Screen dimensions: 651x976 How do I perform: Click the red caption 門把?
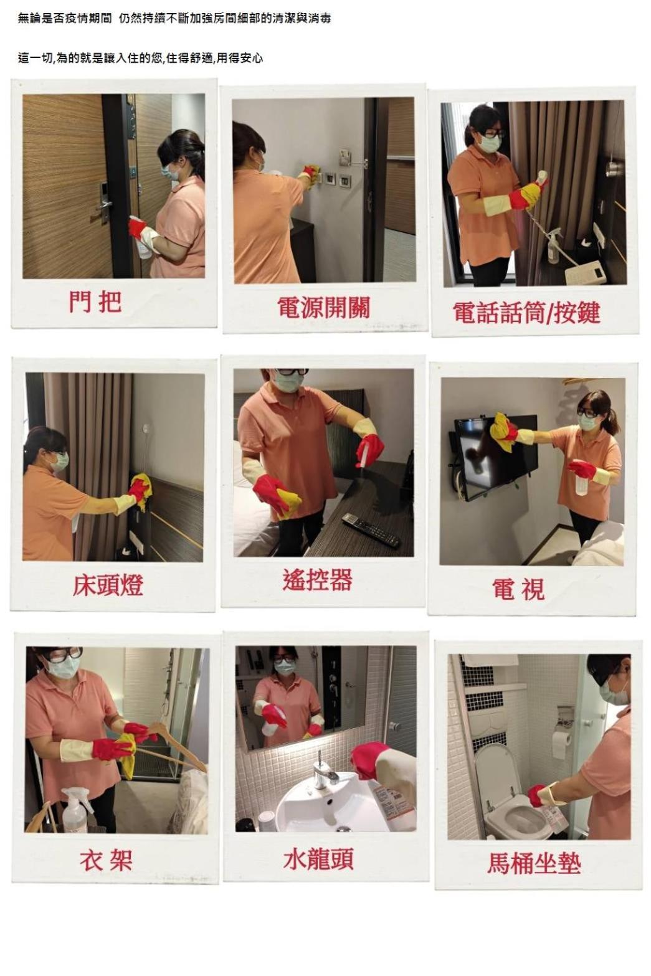pos(95,301)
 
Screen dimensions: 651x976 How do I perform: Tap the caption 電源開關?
pos(324,307)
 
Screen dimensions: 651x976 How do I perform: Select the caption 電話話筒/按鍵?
pos(526,312)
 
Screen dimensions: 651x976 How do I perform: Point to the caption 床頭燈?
pos(108,585)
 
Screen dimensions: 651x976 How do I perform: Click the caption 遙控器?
pos(317,579)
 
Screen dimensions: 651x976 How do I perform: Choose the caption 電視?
pos(518,589)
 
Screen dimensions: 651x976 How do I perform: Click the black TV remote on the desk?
pos(371,530)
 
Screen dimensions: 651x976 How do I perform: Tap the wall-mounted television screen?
pos(495,458)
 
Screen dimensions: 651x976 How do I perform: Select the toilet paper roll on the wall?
pos(562,745)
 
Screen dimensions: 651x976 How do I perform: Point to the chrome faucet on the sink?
pos(324,772)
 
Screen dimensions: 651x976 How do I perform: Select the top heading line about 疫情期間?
pos(174,19)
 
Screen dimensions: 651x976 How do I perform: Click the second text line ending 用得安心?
pos(140,58)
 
